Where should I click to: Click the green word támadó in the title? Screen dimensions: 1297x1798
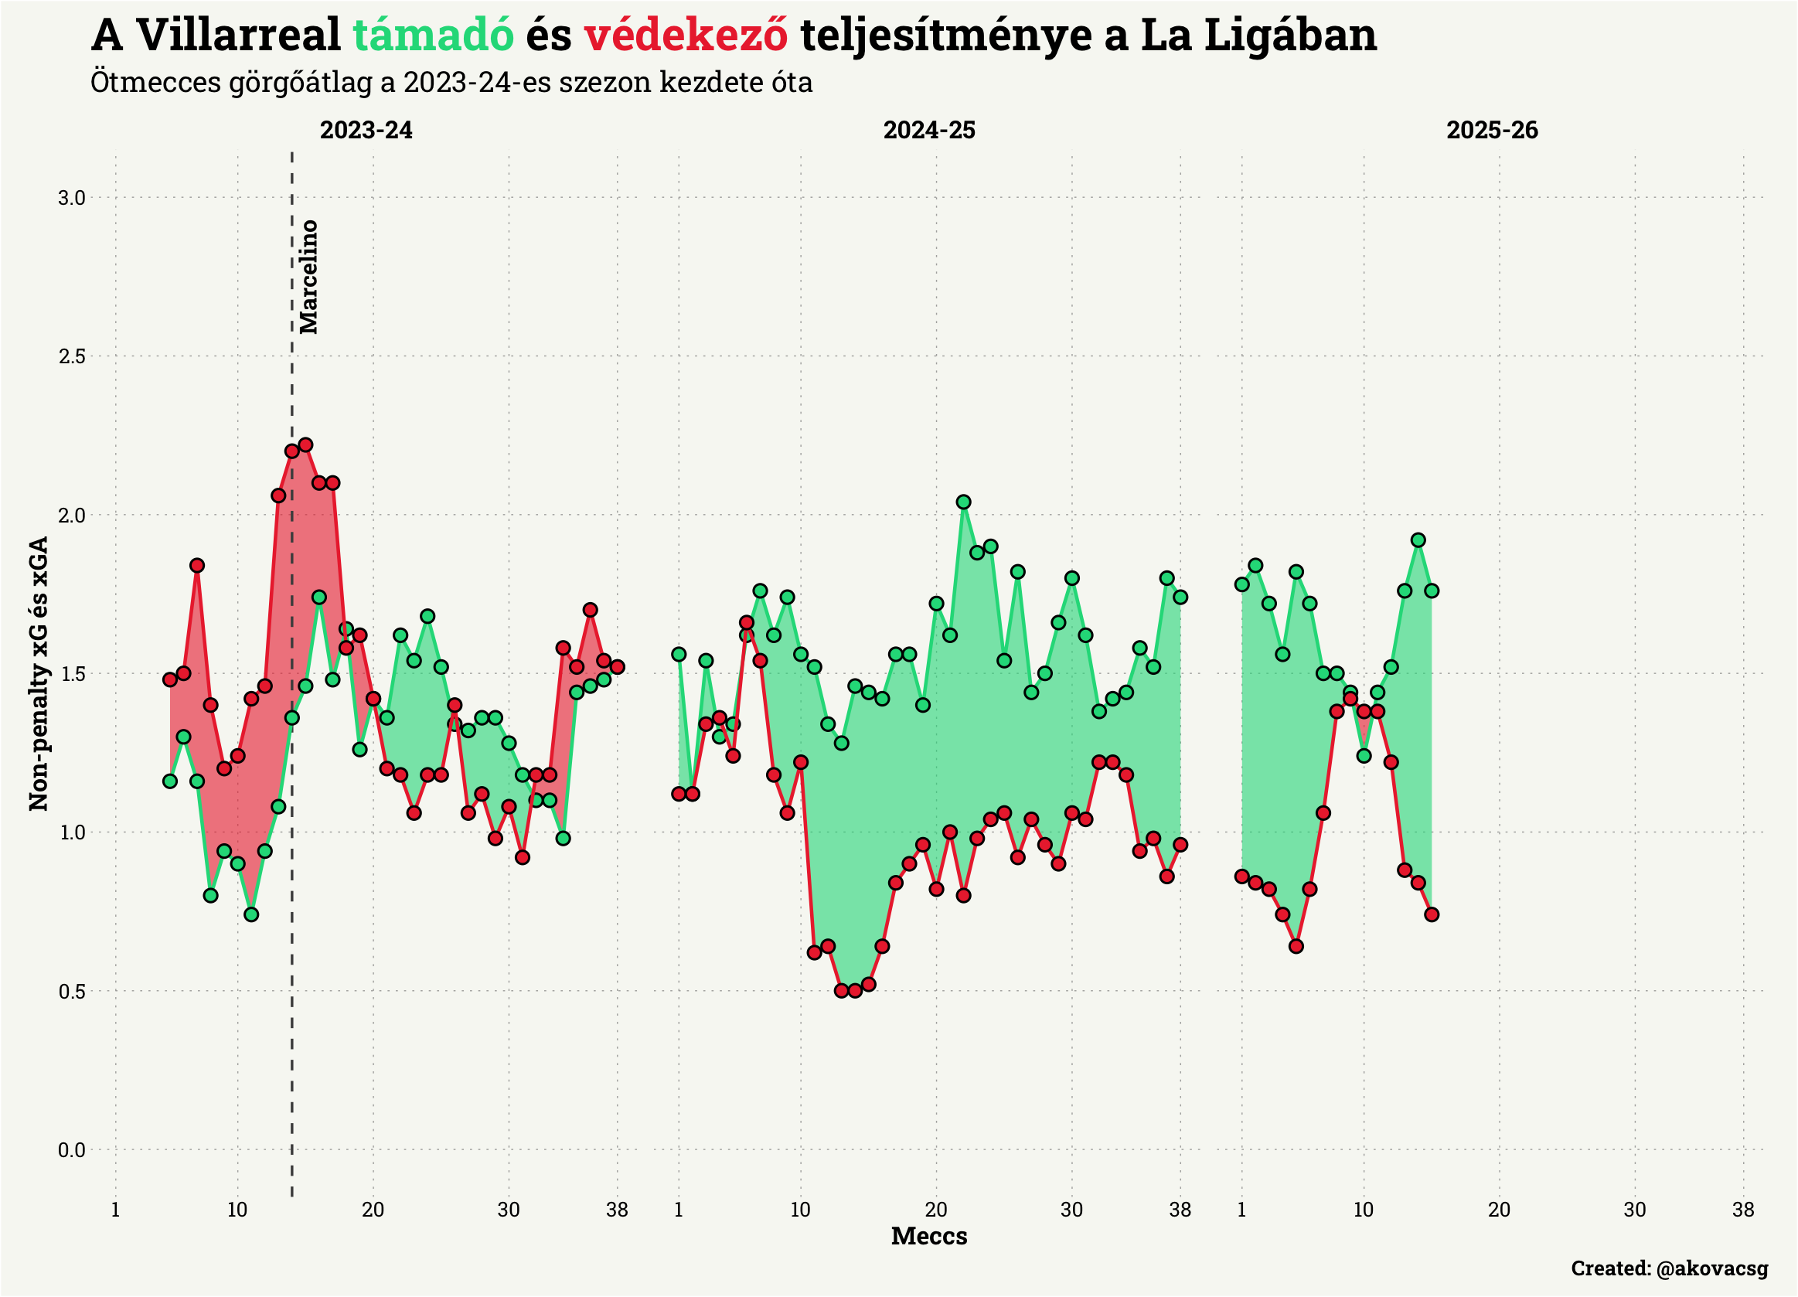[x=434, y=36]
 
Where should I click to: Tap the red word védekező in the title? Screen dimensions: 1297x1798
[x=686, y=36]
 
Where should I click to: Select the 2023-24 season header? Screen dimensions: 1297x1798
[x=366, y=130]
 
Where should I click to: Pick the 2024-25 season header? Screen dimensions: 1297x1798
[x=929, y=130]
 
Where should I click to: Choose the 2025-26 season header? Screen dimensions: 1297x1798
[x=1492, y=130]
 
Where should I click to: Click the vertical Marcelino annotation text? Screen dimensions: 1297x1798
[x=308, y=277]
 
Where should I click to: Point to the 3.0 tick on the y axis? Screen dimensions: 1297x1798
[x=71, y=198]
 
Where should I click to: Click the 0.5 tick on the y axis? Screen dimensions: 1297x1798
[x=71, y=992]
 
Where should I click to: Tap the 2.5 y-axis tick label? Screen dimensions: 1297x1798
[x=71, y=357]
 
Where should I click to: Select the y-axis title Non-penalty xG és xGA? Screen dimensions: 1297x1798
[x=38, y=673]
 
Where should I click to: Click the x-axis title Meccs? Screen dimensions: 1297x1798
[x=929, y=1236]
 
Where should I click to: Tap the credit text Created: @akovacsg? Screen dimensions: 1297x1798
[x=1670, y=1268]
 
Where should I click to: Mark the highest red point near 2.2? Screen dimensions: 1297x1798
[x=305, y=444]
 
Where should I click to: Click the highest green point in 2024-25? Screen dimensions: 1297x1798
[x=963, y=502]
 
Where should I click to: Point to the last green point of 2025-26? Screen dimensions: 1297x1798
[x=1432, y=591]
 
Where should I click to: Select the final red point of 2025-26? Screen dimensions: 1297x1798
[x=1432, y=914]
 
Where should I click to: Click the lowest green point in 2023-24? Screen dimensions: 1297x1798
[x=251, y=914]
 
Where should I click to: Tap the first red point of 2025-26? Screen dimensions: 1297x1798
[x=1241, y=876]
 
